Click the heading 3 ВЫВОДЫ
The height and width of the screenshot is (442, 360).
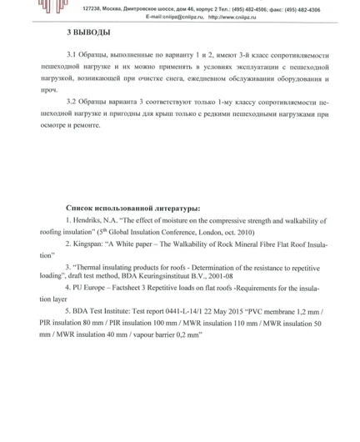pyautogui.click(x=87, y=33)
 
